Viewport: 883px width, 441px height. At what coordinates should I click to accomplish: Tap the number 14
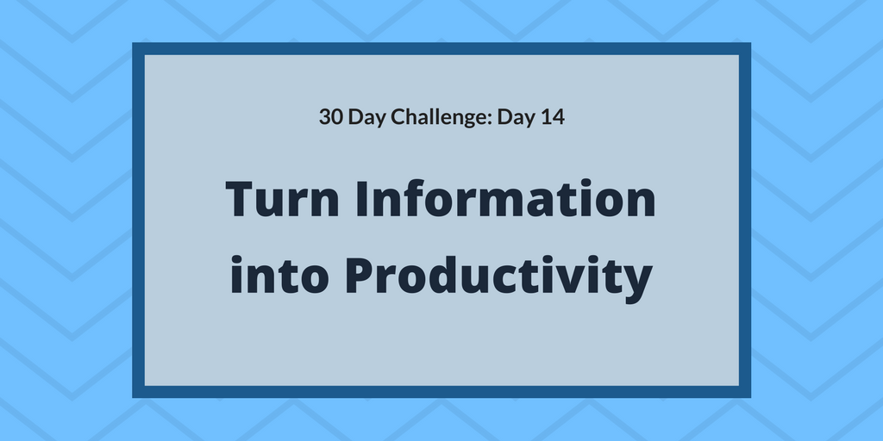[x=553, y=117]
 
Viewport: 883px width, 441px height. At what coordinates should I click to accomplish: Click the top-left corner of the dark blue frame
[x=135, y=45]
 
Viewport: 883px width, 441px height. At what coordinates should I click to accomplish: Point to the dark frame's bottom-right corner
[x=748, y=395]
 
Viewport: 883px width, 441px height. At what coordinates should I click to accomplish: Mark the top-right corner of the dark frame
[x=748, y=45]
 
